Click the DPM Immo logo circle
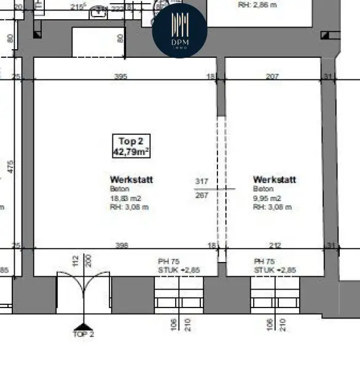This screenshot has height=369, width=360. coord(179,29)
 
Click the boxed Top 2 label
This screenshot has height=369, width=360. coord(130,141)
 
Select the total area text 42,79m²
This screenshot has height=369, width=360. coord(131,151)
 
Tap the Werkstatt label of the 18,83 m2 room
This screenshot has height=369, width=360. coord(131,180)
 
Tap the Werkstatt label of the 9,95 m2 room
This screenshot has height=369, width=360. coord(274,180)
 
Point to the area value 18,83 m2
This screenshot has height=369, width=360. coord(125,198)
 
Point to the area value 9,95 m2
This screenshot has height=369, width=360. coord(267,198)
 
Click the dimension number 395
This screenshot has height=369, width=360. coord(121,76)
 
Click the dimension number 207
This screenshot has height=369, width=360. coord(272,76)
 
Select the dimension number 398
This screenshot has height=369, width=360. coord(121,246)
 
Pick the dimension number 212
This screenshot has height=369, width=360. coord(275,246)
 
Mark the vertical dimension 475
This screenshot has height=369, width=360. coord(10,166)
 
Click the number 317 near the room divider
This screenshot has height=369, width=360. coord(202,181)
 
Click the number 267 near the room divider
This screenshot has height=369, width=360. coord(202,195)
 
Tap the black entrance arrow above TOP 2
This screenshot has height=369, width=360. coord(82,324)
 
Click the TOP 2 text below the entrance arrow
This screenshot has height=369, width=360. coord(83,335)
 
